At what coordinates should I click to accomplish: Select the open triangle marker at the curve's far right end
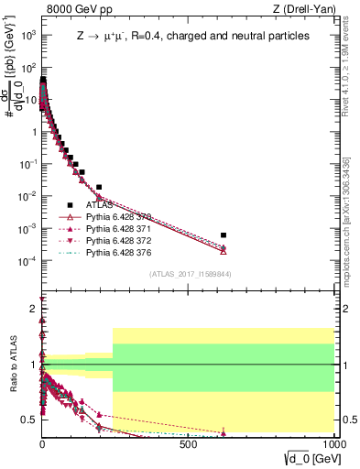click(224, 250)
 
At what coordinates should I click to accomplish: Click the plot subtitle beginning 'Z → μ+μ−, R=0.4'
click(192, 36)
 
